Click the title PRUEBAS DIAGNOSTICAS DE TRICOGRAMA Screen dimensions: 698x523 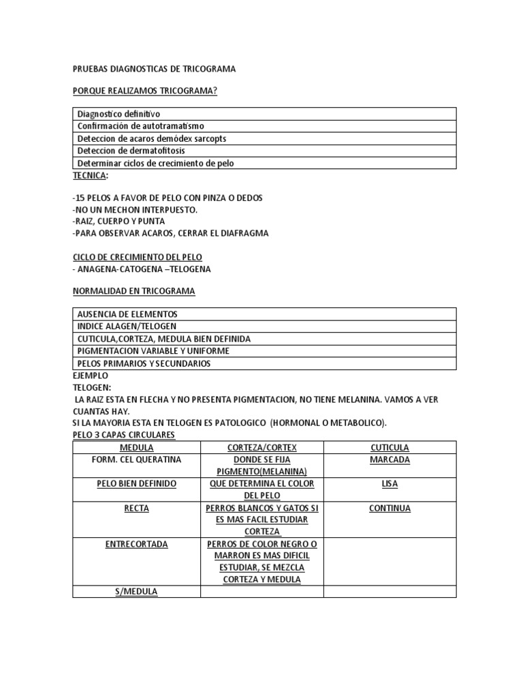(154, 70)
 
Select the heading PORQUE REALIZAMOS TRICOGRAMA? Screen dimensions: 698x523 (145, 91)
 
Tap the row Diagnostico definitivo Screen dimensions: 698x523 (119, 114)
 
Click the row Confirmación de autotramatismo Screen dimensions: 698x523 (140, 126)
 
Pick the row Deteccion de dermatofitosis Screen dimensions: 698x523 (131, 151)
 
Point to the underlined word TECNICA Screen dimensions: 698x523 (89, 175)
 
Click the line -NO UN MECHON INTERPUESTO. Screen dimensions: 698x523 (135, 209)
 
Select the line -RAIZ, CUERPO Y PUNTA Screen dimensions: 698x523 (118, 222)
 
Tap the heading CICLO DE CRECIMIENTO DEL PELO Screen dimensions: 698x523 (138, 257)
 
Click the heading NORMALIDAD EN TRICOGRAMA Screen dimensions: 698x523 (133, 291)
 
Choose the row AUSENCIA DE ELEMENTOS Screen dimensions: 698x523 (127, 314)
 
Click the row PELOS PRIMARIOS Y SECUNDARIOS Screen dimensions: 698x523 (144, 363)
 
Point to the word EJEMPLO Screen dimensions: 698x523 (91, 376)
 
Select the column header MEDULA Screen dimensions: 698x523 (136, 448)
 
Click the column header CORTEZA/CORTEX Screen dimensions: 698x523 (261, 448)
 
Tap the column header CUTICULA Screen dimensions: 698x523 (390, 448)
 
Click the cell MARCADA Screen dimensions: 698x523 (390, 460)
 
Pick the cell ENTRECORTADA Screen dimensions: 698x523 (136, 545)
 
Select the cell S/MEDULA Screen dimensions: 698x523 (136, 592)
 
